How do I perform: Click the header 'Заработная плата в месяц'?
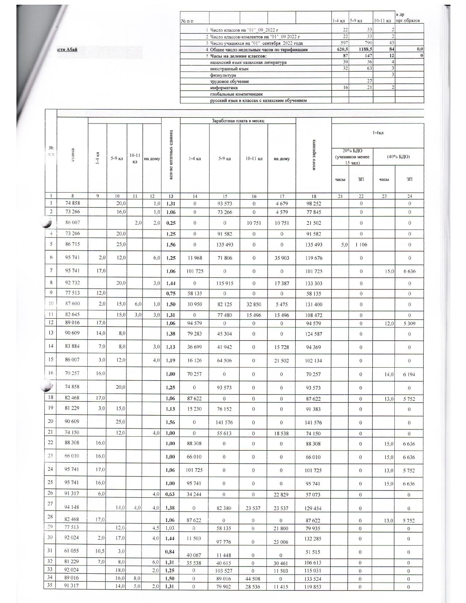click(238, 121)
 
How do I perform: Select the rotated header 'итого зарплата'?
click(314, 155)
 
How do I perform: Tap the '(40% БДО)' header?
click(398, 156)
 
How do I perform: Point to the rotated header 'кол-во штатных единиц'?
click(171, 155)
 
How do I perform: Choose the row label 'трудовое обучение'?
click(230, 81)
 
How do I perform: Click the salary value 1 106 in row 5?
click(361, 245)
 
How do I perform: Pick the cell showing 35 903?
click(281, 258)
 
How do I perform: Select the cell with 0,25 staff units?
click(171, 223)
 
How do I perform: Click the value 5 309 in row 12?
click(409, 323)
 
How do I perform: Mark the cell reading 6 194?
click(409, 375)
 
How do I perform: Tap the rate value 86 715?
click(73, 244)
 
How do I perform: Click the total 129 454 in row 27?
click(314, 508)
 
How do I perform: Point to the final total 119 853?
click(314, 587)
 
